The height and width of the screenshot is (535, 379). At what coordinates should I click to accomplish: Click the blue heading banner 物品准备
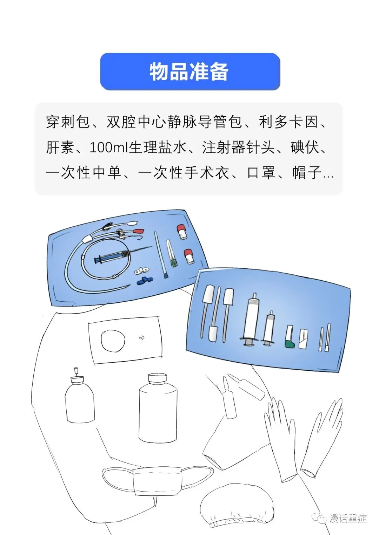190,72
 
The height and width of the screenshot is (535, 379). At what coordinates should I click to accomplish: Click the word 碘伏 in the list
305,148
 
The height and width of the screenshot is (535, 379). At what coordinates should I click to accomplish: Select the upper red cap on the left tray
182,232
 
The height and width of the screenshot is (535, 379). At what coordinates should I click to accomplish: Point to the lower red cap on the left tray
189,256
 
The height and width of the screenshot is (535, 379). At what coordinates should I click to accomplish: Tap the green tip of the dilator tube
173,263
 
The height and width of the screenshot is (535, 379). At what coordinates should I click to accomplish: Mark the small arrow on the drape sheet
142,337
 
